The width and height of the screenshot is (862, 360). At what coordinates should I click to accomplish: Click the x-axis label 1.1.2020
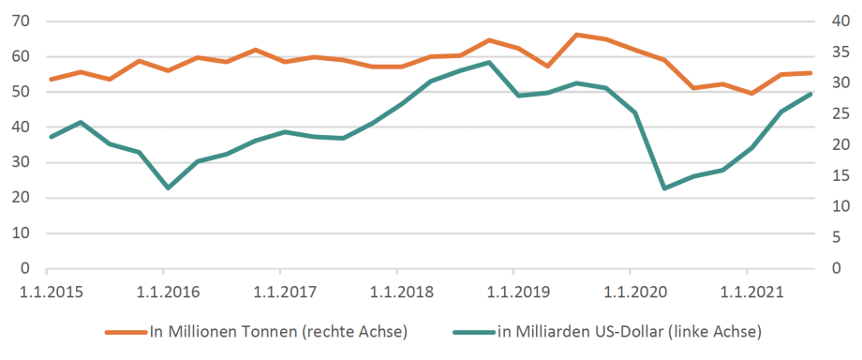click(x=630, y=292)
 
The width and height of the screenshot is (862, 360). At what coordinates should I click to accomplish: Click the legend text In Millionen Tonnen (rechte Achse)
click(x=278, y=331)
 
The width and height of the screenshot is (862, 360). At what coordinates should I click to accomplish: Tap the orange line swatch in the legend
click(x=125, y=332)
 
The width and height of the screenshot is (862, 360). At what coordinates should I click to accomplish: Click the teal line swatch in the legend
click(x=474, y=332)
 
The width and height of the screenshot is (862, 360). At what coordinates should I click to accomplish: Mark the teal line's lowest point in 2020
click(x=664, y=188)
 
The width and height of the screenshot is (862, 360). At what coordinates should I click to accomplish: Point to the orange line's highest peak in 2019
click(x=577, y=35)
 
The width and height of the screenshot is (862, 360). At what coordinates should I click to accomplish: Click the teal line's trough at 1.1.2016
click(x=168, y=187)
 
